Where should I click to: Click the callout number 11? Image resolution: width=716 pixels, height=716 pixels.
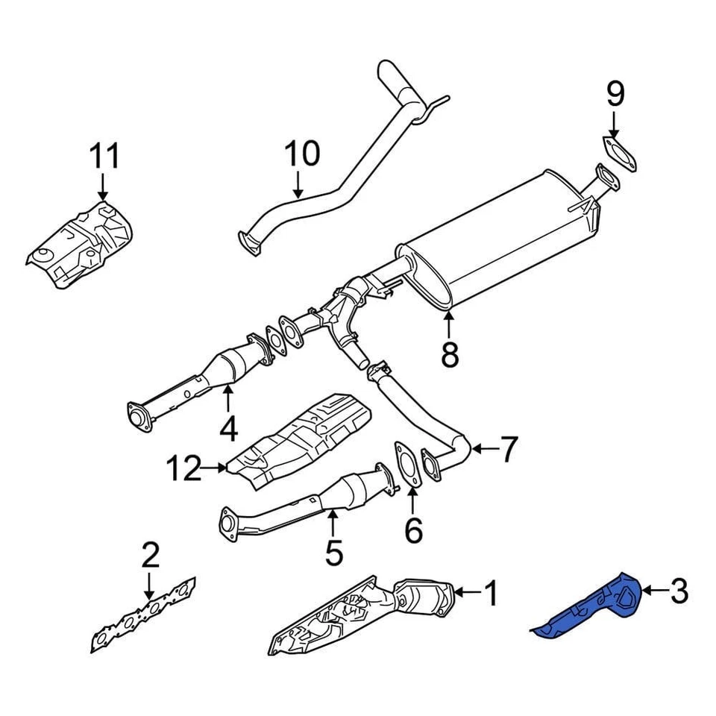[x=104, y=157]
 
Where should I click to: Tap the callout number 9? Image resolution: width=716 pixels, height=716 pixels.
[x=614, y=94]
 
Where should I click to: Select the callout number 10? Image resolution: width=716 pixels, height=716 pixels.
[x=302, y=154]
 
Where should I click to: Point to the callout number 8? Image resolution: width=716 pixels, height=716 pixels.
[x=449, y=354]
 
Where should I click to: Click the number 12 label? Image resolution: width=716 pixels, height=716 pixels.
[x=183, y=469]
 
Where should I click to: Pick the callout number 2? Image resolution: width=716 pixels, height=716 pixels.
[x=150, y=556]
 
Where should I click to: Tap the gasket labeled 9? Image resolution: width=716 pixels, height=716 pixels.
[x=619, y=153]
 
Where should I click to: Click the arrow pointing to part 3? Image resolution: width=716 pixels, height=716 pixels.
[x=653, y=591]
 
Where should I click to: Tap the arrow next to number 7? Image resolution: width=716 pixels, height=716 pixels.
[x=483, y=448]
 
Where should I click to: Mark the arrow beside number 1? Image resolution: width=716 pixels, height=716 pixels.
[x=466, y=593]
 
